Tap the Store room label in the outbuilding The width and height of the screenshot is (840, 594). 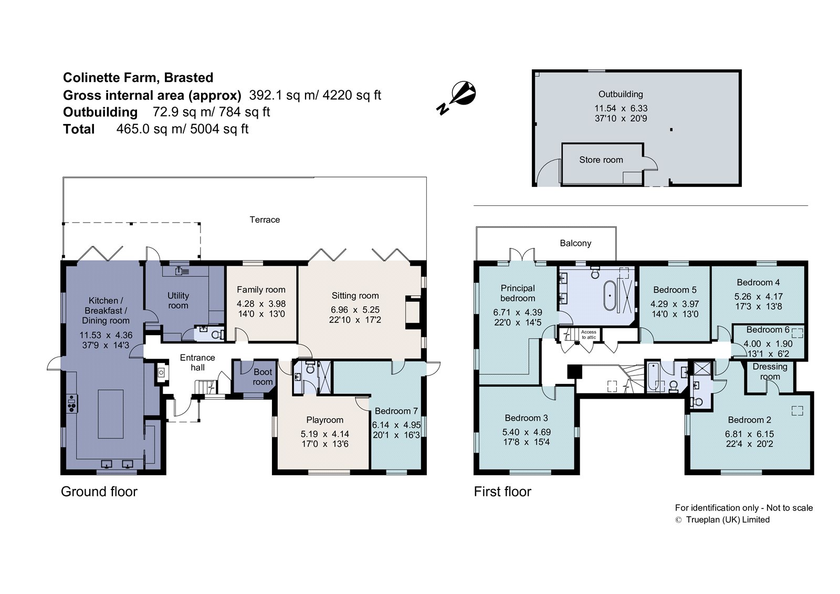click(x=601, y=160)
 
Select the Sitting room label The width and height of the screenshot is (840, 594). click(x=355, y=296)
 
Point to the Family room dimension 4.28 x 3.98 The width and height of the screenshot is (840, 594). click(x=261, y=304)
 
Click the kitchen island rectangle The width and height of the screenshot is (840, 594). click(x=111, y=414)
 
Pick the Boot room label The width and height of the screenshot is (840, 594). click(x=262, y=377)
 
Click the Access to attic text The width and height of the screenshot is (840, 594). click(x=589, y=335)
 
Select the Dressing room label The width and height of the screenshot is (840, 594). click(x=770, y=371)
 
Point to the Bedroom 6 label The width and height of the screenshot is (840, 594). click(x=768, y=329)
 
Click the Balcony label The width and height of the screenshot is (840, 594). click(x=575, y=243)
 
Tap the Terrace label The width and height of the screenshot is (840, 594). click(x=265, y=220)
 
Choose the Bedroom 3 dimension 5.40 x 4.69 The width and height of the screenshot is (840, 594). click(x=527, y=432)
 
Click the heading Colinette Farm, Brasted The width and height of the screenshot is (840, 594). click(x=138, y=78)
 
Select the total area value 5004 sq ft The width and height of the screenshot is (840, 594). click(x=219, y=129)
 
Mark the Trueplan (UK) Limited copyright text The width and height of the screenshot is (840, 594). click(x=728, y=520)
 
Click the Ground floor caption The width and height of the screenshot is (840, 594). click(x=99, y=492)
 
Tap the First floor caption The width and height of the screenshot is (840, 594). click(x=502, y=492)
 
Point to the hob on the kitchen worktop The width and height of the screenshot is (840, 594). click(x=72, y=403)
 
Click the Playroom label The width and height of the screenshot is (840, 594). click(x=325, y=420)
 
